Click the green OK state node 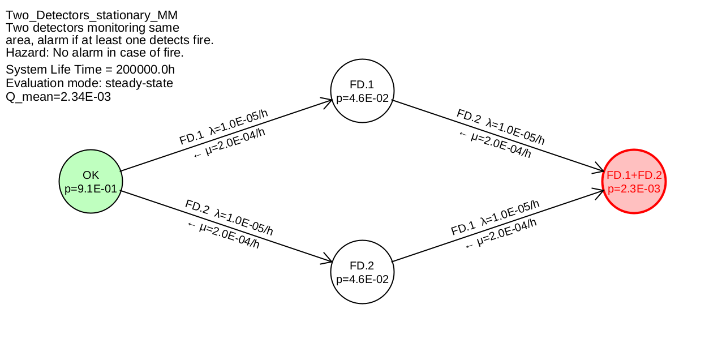pos(91,181)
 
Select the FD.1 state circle pos(362,91)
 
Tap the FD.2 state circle pos(362,272)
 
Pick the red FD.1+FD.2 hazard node pos(634,181)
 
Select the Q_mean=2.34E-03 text pos(58,97)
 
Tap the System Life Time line pos(91,70)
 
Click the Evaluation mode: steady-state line pos(89,83)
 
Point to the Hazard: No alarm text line pos(94,53)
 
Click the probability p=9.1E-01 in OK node pos(91,188)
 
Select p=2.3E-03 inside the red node pos(634,188)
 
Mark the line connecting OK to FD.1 pos(226,135)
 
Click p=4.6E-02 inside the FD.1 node pos(362,98)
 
